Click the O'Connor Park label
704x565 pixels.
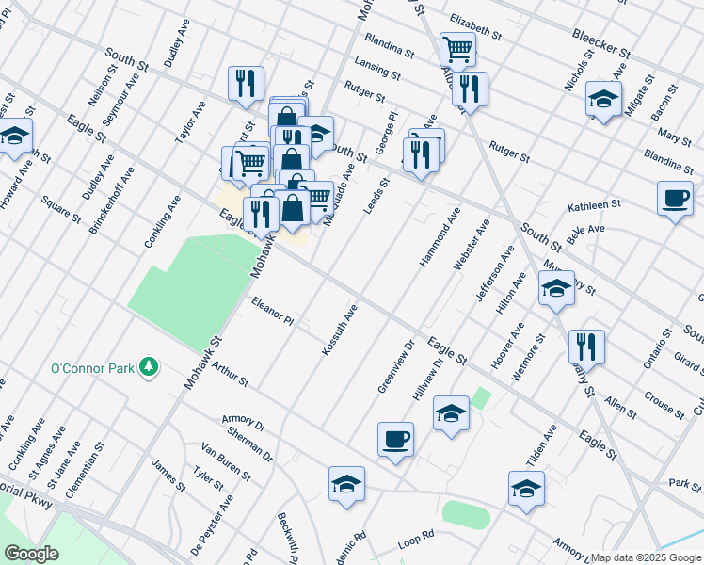point(92,368)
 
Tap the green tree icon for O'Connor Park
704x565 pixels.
point(148,365)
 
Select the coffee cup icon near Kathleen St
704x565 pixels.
point(675,199)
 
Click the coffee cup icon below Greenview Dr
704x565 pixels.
point(395,438)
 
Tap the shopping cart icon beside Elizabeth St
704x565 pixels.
point(457,48)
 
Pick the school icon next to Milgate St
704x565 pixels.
point(603,98)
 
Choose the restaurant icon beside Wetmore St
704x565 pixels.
point(586,346)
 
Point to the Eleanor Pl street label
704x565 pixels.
point(273,313)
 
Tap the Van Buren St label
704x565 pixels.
point(225,461)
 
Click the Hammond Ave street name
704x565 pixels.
point(439,235)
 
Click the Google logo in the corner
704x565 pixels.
point(31,554)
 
